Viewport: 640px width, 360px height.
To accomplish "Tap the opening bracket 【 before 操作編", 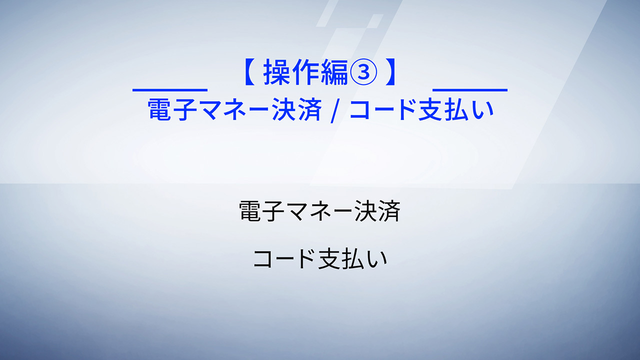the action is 249,72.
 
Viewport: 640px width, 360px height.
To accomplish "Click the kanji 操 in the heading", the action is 277,72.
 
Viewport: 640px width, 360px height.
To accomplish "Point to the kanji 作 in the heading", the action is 305,72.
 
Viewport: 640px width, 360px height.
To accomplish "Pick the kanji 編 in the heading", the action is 334,72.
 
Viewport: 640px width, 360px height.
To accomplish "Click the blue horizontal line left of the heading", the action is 169,90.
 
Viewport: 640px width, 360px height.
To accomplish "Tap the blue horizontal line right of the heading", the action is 470,90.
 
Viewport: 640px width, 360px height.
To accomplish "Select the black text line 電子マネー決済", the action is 319,211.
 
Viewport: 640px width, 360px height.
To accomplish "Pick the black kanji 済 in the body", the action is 389,211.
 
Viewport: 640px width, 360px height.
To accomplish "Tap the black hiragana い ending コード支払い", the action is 377,259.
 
